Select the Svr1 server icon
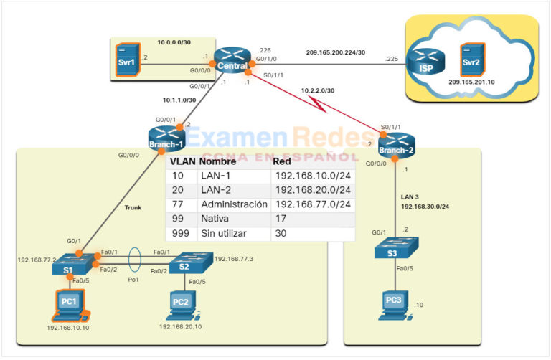pos(128,59)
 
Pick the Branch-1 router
pos(167,138)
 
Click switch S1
pos(68,263)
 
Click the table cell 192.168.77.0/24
pos(313,204)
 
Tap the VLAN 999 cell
pos(181,234)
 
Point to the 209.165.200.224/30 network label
pos(335,52)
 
